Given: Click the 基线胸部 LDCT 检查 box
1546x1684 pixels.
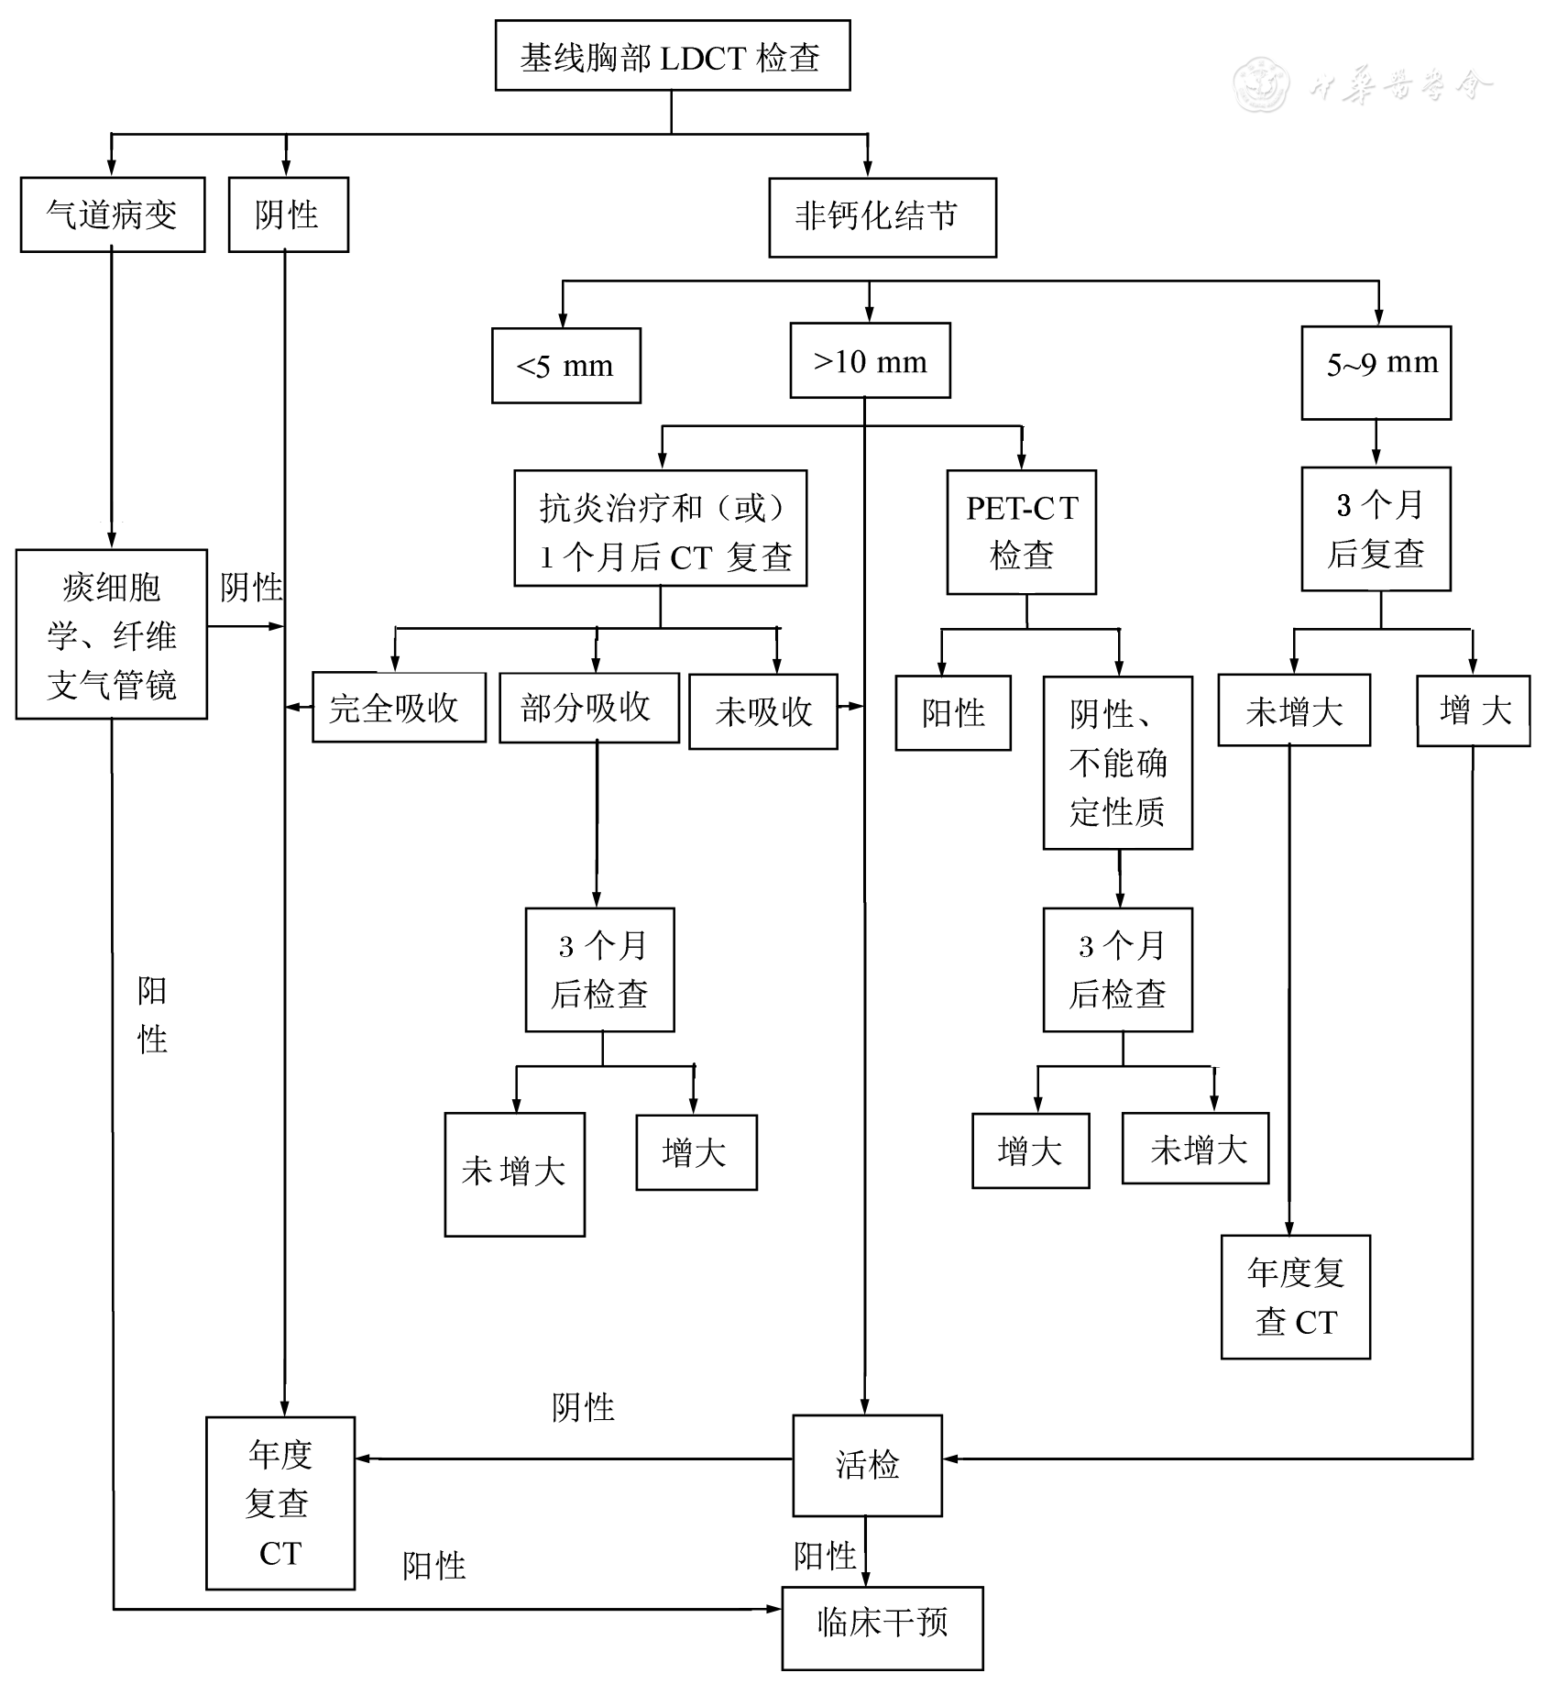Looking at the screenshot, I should (672, 56).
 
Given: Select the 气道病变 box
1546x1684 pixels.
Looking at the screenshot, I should (112, 215).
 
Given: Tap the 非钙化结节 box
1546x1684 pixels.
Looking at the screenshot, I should (882, 217).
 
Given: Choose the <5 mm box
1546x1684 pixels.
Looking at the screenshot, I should (565, 366).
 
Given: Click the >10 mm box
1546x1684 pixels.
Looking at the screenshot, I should (870, 361).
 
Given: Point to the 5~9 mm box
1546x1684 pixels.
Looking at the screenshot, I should (1376, 372).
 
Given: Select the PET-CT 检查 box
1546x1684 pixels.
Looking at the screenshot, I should (1021, 532).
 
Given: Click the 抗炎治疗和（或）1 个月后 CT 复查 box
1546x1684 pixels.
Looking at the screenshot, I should (660, 529).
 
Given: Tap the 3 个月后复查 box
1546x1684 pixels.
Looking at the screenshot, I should (1376, 529).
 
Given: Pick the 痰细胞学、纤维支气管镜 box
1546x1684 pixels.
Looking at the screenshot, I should (112, 634).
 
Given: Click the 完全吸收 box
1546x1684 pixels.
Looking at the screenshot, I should (398, 708).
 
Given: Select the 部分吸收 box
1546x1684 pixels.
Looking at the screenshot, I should (588, 708).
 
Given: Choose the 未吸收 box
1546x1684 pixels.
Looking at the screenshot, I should (762, 711).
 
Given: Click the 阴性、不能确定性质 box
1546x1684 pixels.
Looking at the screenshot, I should (1117, 763).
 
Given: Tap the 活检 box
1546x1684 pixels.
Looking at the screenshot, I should (867, 1465).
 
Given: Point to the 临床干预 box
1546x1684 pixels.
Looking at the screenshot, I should (882, 1623).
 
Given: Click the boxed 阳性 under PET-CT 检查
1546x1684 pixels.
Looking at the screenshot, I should (953, 713).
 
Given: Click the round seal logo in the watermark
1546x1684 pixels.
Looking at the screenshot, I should (1260, 85).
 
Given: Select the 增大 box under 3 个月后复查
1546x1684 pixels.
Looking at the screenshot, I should (1473, 710).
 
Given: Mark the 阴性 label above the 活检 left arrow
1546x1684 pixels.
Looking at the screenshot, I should (583, 1407).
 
